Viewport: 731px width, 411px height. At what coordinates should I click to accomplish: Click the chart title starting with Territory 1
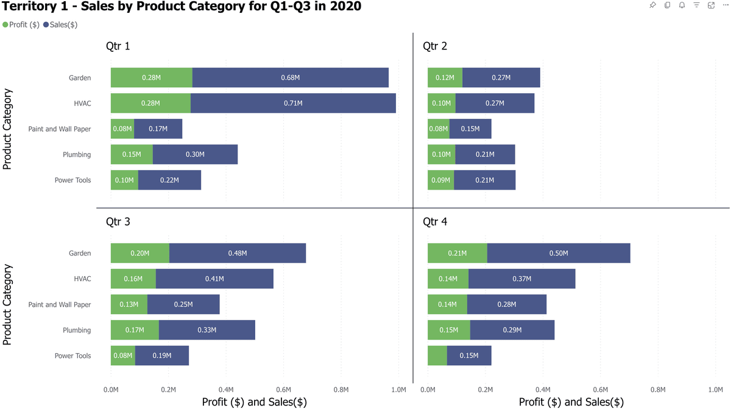(182, 8)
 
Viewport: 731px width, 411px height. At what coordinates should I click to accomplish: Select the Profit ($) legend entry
(21, 25)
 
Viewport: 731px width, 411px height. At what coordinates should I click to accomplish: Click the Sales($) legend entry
(60, 25)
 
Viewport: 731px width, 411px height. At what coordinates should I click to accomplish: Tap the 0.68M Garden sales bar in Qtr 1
(290, 77)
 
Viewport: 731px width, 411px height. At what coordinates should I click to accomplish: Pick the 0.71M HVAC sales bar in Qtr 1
(293, 103)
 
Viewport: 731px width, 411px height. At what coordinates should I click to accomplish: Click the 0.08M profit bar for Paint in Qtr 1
(122, 129)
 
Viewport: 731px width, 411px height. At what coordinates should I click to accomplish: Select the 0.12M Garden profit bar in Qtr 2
(445, 77)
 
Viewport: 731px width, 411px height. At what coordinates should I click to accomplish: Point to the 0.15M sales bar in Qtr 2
(470, 129)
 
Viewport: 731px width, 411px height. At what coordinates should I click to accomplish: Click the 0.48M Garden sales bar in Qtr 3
(237, 253)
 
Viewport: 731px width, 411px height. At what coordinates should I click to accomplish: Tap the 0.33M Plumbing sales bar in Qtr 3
(207, 330)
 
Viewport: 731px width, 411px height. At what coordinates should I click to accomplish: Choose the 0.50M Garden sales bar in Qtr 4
(558, 253)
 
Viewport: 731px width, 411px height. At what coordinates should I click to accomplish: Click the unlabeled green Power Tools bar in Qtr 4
(437, 356)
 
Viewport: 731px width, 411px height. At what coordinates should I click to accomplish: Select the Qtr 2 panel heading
(435, 46)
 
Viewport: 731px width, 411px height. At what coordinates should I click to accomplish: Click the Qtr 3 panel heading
(118, 222)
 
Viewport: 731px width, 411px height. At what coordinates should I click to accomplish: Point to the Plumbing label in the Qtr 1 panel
(77, 155)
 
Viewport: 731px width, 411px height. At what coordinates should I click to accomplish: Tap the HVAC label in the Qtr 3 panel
(82, 279)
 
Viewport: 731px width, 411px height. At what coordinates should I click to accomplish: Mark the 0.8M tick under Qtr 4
(658, 389)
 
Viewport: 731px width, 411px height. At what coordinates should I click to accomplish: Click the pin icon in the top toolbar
(652, 5)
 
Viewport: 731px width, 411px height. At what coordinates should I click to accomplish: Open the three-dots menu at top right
(726, 5)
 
